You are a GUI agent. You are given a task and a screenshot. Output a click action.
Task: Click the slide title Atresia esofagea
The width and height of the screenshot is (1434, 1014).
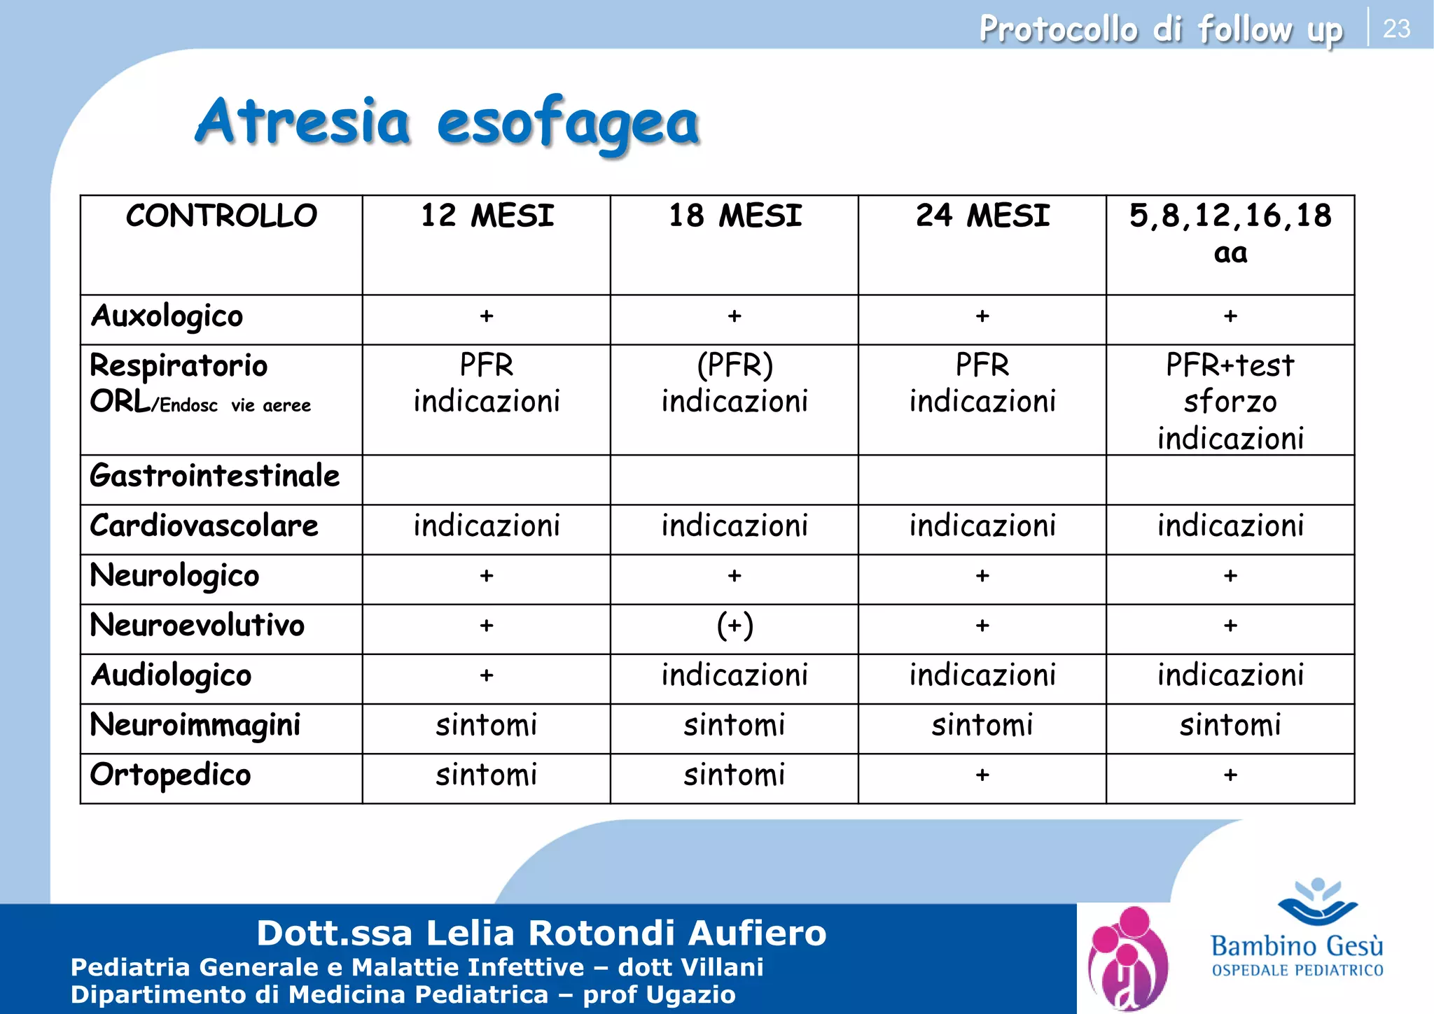tap(447, 122)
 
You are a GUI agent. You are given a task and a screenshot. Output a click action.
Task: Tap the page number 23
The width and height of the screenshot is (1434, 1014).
tap(1396, 29)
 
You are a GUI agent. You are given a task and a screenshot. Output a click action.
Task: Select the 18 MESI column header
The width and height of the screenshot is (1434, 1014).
tap(735, 216)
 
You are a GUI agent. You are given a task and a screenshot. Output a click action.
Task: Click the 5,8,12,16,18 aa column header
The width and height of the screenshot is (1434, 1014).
tap(1230, 233)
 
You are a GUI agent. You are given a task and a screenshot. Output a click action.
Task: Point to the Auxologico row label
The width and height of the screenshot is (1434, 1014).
tap(167, 316)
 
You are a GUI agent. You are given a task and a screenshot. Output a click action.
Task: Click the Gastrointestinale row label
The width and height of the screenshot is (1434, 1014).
tap(214, 477)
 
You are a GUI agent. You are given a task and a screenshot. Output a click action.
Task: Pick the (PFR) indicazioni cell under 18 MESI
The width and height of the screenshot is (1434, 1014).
tap(735, 383)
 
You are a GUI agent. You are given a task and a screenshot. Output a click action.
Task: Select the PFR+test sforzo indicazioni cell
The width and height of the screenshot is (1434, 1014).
tap(1230, 402)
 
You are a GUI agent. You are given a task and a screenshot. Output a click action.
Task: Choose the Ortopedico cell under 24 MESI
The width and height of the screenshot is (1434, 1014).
tap(982, 775)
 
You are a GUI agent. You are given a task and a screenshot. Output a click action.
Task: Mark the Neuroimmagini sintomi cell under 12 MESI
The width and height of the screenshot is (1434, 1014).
tap(487, 726)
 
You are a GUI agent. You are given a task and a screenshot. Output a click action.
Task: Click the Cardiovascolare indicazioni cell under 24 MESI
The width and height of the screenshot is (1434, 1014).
tap(982, 526)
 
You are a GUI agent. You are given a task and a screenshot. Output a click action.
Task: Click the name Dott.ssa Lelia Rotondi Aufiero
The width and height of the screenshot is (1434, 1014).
tap(541, 933)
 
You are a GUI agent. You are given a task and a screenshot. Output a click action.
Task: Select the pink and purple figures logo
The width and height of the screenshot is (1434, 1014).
tap(1128, 957)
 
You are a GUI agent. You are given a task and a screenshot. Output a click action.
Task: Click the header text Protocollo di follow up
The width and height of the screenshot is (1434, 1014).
tap(1160, 29)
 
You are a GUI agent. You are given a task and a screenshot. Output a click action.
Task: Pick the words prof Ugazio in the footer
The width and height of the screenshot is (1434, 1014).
tap(659, 994)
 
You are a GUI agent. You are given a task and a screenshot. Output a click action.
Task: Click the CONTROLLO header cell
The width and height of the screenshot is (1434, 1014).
tap(221, 216)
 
